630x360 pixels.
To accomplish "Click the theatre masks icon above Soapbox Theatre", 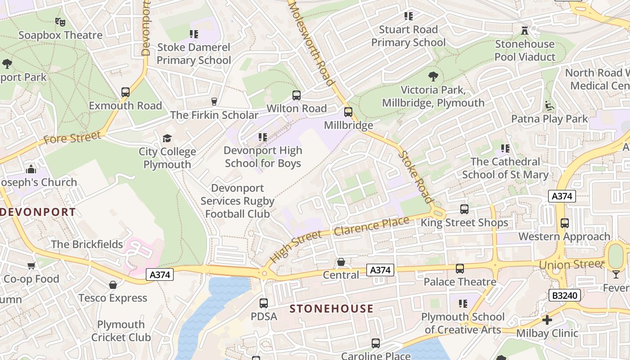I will (x=60, y=22).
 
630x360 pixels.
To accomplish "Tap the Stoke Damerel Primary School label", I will (x=193, y=54).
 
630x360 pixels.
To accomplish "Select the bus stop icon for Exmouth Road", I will (x=126, y=92).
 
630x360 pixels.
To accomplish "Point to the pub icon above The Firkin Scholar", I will (x=214, y=102).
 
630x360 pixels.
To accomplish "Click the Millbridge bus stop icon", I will (x=348, y=112).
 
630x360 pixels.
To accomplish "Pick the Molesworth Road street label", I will (x=312, y=43).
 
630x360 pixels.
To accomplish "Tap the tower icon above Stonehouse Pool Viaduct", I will (x=524, y=31).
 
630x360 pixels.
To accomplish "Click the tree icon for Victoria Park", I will (x=433, y=76).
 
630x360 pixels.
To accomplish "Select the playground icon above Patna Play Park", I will (x=549, y=106).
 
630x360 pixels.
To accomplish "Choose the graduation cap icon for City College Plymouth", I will (x=167, y=138).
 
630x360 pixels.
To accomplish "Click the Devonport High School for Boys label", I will (x=263, y=157).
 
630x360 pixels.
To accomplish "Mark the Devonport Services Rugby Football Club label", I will (x=237, y=201).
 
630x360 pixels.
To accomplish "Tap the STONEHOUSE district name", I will (x=332, y=309).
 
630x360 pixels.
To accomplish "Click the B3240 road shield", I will (x=565, y=296).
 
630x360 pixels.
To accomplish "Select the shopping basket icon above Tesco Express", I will (x=113, y=285).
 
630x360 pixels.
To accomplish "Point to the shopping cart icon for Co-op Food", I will (x=31, y=265).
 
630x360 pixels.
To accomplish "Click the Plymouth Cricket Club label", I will (x=121, y=331).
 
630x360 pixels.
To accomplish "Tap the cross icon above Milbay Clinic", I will (x=547, y=320).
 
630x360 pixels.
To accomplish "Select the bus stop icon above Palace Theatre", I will (x=459, y=269).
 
